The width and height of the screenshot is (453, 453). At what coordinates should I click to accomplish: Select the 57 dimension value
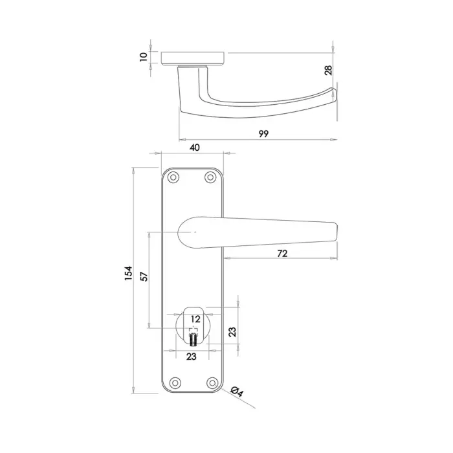click(145, 276)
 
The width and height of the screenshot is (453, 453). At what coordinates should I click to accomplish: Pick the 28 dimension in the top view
click(328, 69)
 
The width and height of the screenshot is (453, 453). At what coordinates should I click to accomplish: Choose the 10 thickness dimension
click(143, 57)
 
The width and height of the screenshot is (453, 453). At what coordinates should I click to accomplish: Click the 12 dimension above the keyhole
click(195, 319)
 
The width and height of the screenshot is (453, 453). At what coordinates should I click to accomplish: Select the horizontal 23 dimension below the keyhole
click(192, 356)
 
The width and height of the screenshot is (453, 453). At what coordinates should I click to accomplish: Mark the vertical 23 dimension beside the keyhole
click(232, 331)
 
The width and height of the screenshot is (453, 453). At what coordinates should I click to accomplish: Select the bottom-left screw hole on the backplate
click(172, 383)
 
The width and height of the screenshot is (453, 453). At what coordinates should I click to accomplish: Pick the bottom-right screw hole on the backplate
click(210, 383)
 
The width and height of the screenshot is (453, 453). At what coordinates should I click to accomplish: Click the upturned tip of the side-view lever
click(333, 93)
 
